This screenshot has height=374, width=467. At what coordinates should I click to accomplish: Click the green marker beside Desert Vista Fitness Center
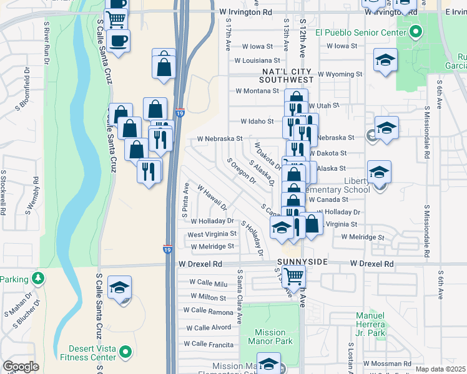(x=125, y=353)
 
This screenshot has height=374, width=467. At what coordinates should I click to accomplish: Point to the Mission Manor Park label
(x=270, y=337)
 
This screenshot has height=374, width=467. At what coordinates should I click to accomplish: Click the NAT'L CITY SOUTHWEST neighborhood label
(x=287, y=75)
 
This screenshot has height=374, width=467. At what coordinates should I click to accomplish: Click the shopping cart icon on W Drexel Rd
(x=293, y=275)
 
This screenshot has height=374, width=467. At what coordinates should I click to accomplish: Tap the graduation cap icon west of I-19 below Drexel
(x=119, y=287)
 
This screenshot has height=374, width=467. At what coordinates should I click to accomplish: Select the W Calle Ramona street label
(x=208, y=310)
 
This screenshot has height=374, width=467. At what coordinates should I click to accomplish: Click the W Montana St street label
(x=256, y=90)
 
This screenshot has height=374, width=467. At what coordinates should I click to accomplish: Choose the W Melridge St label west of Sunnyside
(x=212, y=247)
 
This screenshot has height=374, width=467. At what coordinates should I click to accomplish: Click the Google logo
(x=21, y=367)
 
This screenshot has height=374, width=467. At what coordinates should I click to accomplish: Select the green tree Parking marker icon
(x=39, y=278)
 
